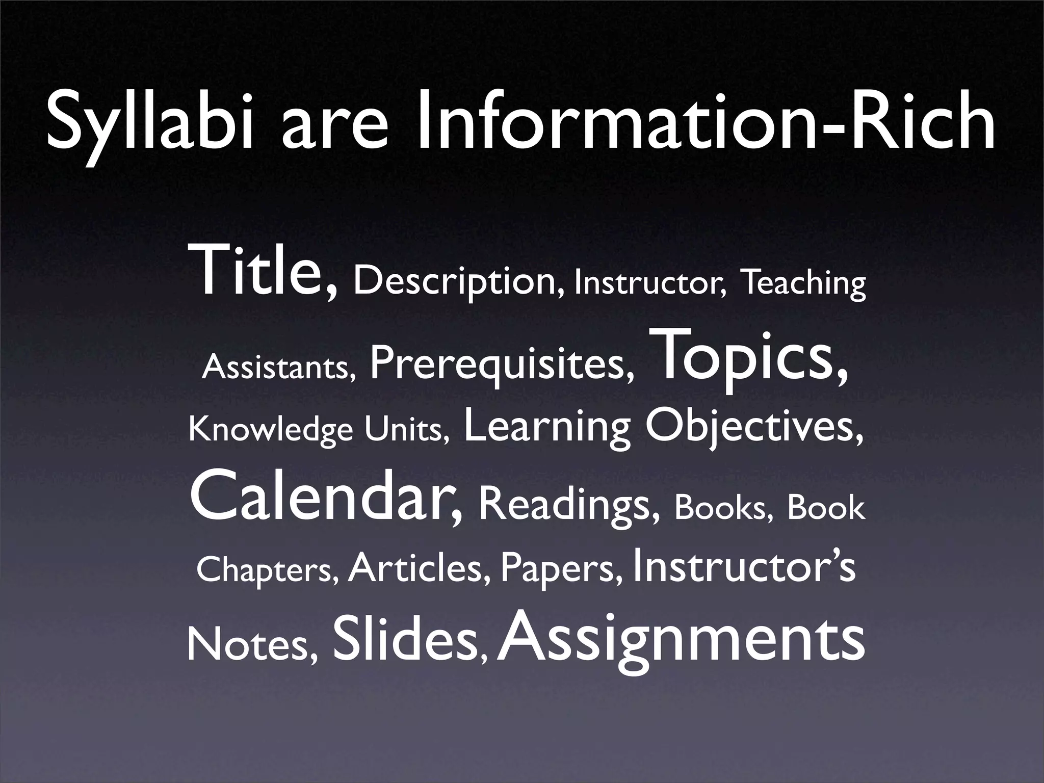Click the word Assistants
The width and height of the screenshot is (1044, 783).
278,367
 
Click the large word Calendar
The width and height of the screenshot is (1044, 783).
326,497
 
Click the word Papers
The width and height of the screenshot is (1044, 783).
561,570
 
